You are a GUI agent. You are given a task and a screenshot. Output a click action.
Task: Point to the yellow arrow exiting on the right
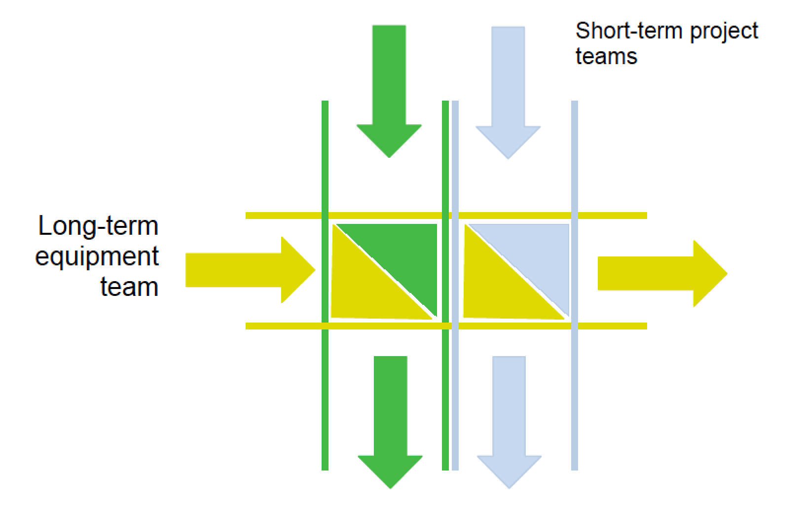[x=661, y=273]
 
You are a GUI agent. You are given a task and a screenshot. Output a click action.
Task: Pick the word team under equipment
[x=129, y=287]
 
